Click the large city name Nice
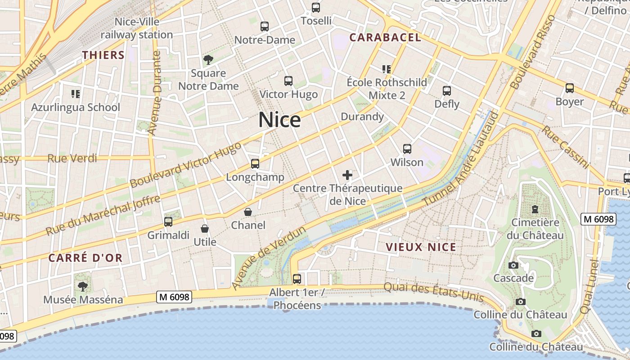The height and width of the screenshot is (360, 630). coord(279,120)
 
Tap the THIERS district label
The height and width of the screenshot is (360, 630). coord(103,55)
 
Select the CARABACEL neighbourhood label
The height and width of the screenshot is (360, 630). coord(385,38)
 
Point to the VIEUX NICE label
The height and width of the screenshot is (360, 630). coord(421,247)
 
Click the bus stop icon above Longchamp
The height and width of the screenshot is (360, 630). coord(255,164)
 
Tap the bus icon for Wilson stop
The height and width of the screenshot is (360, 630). coord(407,149)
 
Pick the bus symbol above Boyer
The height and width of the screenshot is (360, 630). coord(570,88)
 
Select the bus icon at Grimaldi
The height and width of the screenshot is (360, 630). coord(168,221)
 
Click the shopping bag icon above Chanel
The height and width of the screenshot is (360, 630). coord(248,211)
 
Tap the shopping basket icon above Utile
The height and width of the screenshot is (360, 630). coord(205,229)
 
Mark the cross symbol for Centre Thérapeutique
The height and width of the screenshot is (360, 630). coord(347,175)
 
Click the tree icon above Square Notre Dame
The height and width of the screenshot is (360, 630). coord(208,59)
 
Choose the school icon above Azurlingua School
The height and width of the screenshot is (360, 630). coord(76,94)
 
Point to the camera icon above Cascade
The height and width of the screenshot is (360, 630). coord(513,265)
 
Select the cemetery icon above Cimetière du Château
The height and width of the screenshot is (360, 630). coord(535,209)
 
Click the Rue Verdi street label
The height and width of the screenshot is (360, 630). coord(72,158)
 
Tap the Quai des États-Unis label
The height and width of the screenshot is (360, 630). coord(433,292)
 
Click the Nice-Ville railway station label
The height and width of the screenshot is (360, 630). coord(137,28)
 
